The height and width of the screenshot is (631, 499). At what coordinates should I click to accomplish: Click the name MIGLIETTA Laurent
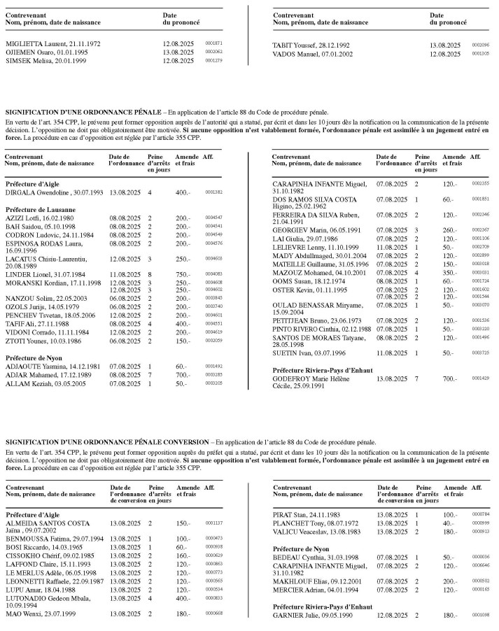pyautogui.click(x=30, y=44)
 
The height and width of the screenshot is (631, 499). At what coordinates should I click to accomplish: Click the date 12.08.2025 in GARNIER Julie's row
pyautogui.click(x=390, y=616)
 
